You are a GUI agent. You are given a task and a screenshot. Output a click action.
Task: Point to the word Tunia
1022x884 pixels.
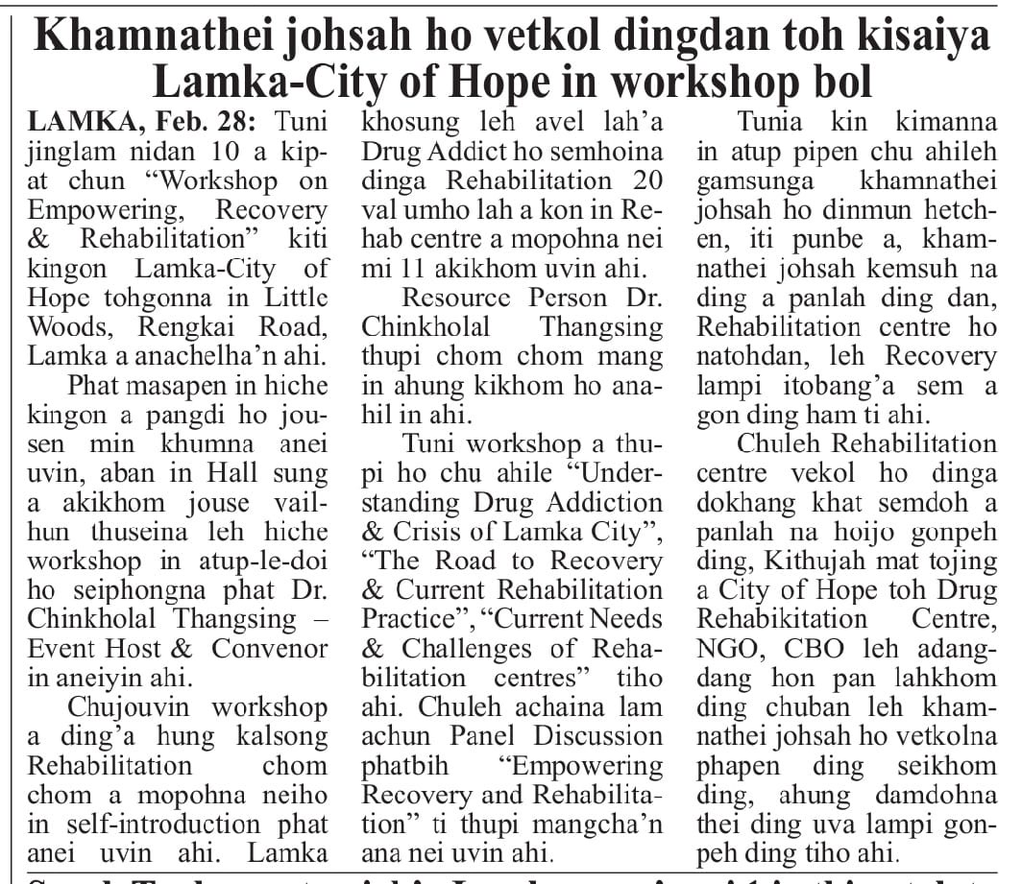[769, 123]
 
